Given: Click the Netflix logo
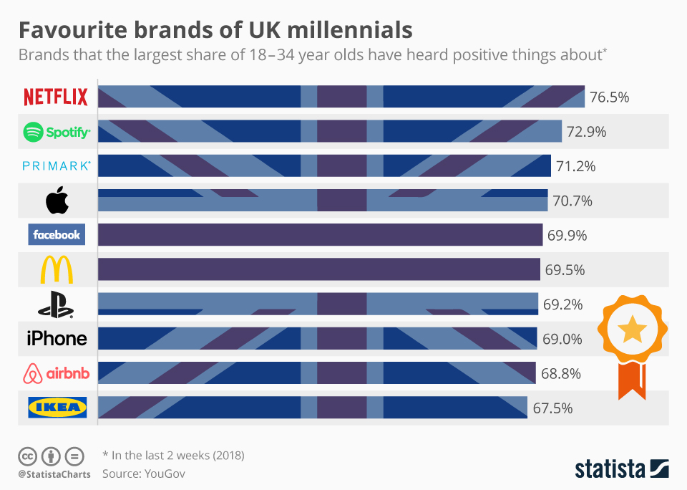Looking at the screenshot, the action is [x=56, y=97].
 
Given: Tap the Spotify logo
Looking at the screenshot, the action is [x=57, y=132].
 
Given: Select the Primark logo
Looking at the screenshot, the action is [x=57, y=165].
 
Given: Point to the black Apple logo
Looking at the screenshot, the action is [x=57, y=200].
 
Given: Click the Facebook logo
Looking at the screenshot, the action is [x=57, y=235].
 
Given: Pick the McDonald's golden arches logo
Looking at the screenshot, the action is [x=57, y=269].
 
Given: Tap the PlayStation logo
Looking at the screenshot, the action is [x=56, y=304].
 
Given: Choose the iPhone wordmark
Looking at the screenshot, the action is [x=57, y=339].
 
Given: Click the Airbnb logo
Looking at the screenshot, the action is [x=56, y=373].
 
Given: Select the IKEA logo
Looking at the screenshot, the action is [x=57, y=408].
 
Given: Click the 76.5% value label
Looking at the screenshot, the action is [x=609, y=97].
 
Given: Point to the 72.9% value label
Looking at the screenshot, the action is [x=586, y=132].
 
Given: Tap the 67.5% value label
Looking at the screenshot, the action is [x=552, y=408].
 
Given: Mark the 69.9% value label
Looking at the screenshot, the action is [x=567, y=236].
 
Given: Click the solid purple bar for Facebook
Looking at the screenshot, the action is [x=321, y=235].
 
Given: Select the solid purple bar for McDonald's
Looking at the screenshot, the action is [x=319, y=269].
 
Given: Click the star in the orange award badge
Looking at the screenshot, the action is [x=632, y=329].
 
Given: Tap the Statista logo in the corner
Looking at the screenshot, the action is [x=622, y=469].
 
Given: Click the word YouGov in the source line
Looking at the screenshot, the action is [x=165, y=474].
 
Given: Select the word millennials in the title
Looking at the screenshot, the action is [x=350, y=30].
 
